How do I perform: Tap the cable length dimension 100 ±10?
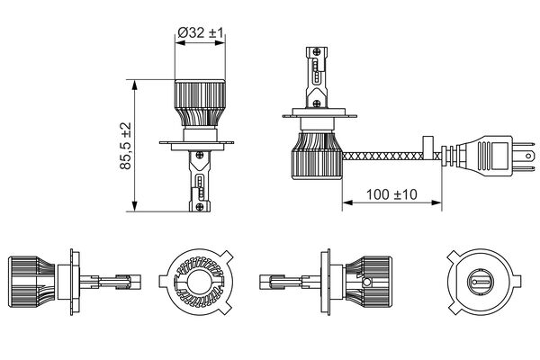tap(391, 193)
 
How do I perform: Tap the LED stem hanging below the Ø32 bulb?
tap(197, 180)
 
